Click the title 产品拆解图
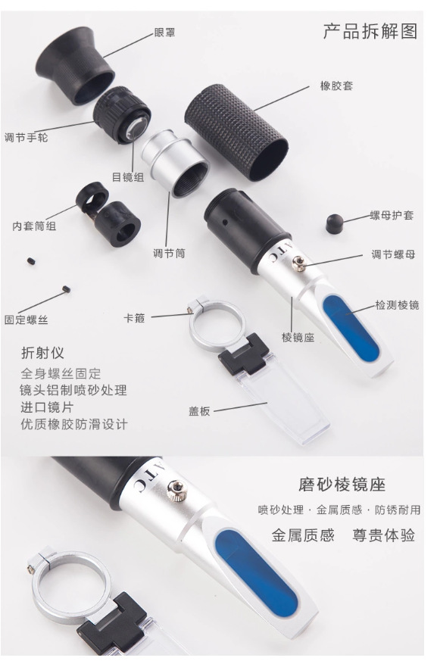(370, 31)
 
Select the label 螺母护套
(392, 216)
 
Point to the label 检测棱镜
(397, 305)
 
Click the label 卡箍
(135, 319)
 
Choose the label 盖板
(199, 411)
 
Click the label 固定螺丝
(26, 320)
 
